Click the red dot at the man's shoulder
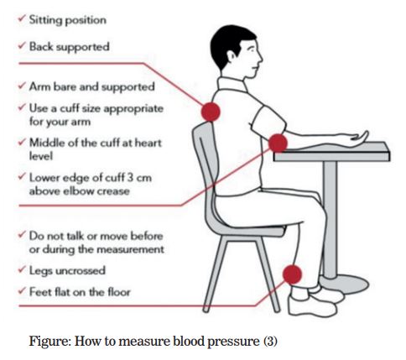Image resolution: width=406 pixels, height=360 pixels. point(211,112)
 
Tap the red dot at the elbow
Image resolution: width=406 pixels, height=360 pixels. point(278,143)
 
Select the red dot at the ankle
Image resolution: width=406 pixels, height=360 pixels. point(292,274)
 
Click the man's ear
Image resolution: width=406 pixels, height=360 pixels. point(232,56)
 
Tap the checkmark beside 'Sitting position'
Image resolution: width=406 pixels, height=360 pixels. point(22,19)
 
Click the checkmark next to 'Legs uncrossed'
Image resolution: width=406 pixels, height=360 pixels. point(22,269)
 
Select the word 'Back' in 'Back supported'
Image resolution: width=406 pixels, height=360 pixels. point(42,46)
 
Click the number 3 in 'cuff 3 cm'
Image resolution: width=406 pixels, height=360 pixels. point(130,177)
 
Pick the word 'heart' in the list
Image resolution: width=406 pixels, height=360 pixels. point(148,143)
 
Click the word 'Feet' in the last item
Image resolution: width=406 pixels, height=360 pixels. point(40,292)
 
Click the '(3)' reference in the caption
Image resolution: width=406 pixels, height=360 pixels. point(270,342)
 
